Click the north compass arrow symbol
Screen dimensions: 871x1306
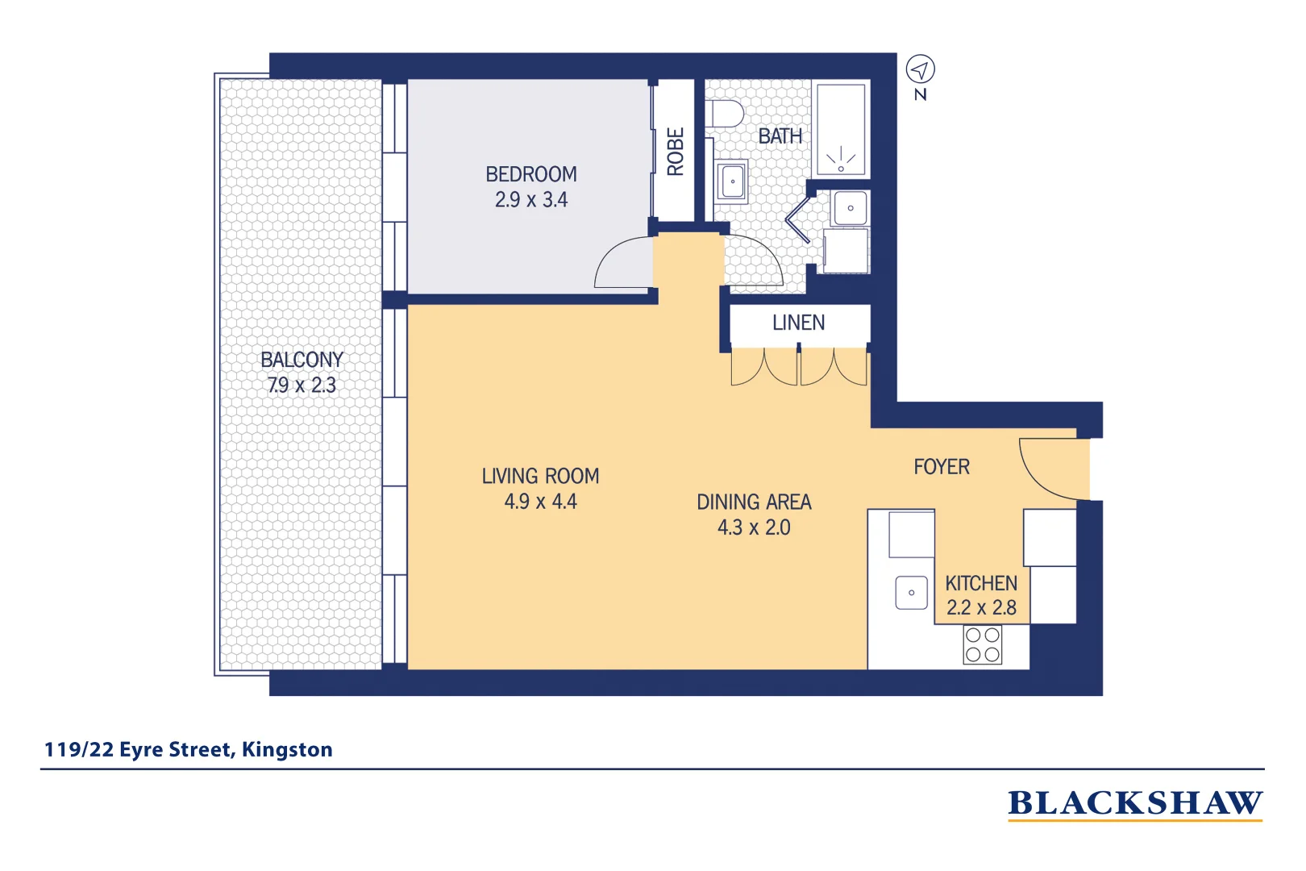coord(920,69)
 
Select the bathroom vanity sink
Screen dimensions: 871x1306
coord(732,181)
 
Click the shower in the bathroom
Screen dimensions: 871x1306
coord(841,130)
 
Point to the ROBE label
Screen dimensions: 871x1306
coord(675,152)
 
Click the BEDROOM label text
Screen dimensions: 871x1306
coord(530,174)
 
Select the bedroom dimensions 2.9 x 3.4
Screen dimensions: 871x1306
coord(530,200)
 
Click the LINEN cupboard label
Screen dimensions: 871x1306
coord(798,323)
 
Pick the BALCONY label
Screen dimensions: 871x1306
coord(302,360)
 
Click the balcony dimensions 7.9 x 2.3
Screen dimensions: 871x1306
coord(302,385)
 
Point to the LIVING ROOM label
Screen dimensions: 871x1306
coord(540,477)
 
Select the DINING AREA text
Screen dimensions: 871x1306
coord(754,502)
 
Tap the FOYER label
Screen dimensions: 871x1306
coord(941,467)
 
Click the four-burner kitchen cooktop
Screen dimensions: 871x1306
coord(982,645)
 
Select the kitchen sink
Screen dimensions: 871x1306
coord(911,593)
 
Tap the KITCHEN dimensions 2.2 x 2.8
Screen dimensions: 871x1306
coord(981,608)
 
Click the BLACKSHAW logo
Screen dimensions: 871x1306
coord(1134,804)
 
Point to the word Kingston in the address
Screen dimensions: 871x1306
coord(287,750)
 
